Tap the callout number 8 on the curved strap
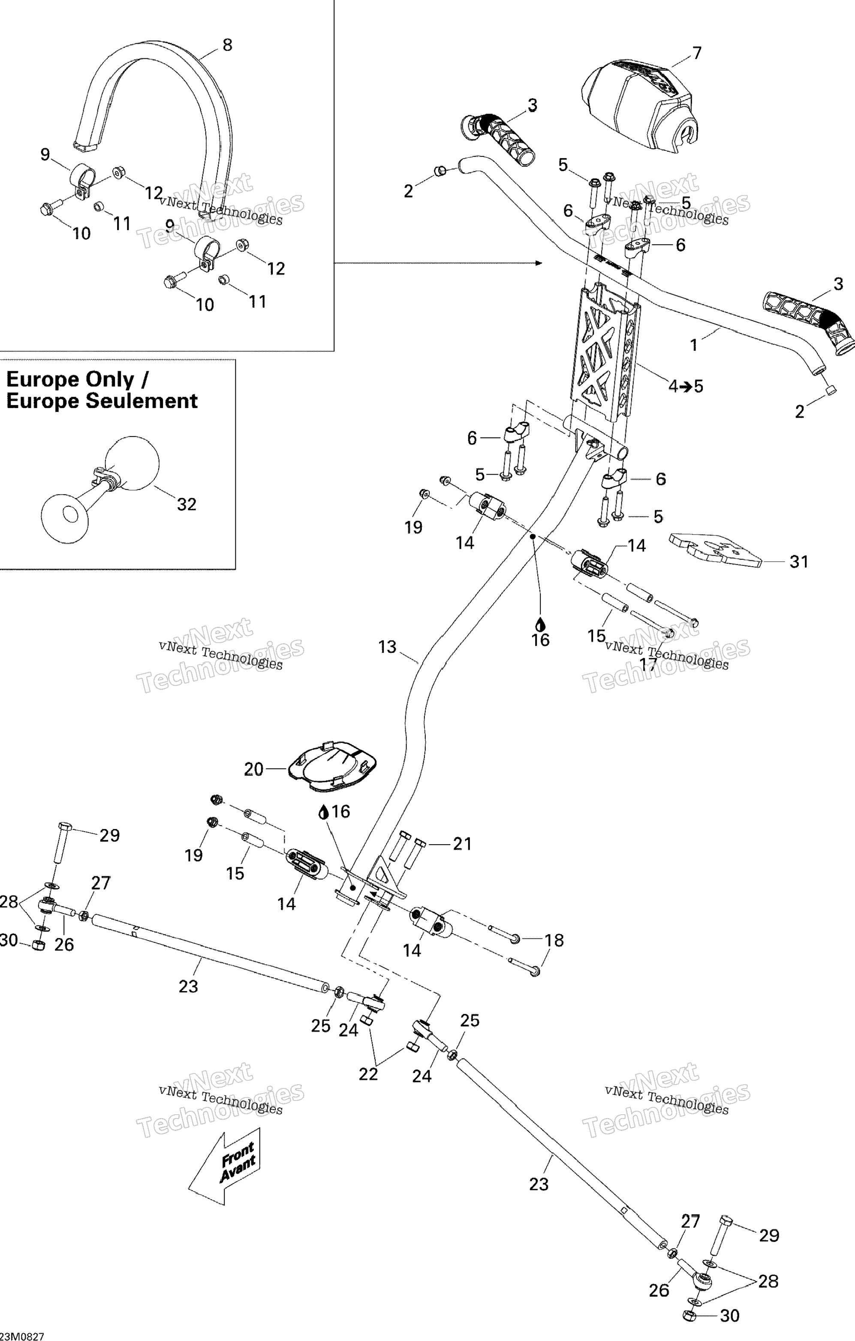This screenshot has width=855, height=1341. click(x=227, y=45)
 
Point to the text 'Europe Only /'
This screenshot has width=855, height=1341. click(x=77, y=380)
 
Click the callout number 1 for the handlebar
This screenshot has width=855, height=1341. click(x=694, y=345)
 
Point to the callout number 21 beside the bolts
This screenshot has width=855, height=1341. click(x=462, y=844)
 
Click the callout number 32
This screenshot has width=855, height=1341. click(x=187, y=504)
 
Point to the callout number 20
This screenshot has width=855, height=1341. click(x=253, y=769)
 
